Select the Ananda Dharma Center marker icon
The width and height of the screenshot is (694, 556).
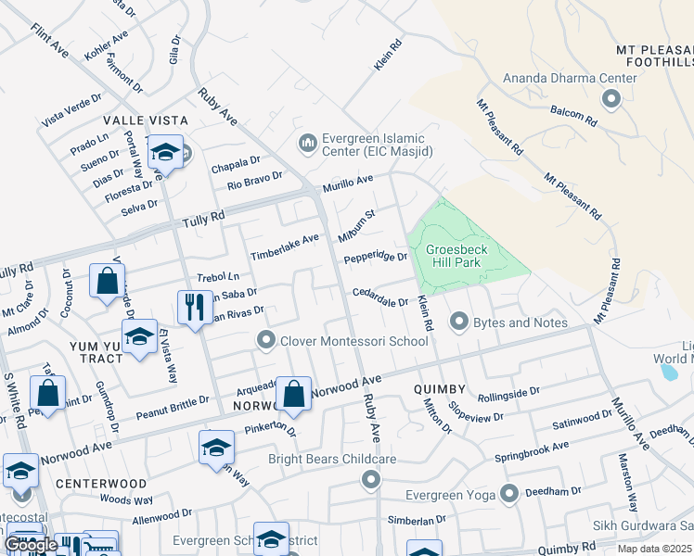pyautogui.click(x=611, y=97)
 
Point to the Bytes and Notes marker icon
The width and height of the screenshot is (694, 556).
pyautogui.click(x=458, y=322)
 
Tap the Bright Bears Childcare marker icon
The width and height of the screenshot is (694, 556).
pyautogui.click(x=371, y=479)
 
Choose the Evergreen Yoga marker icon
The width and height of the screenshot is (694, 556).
pyautogui.click(x=508, y=492)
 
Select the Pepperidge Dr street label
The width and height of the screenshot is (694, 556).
pyautogui.click(x=376, y=259)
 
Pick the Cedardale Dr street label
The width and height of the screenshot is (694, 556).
pyautogui.click(x=379, y=297)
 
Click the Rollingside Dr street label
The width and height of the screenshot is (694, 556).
pyautogui.click(x=508, y=394)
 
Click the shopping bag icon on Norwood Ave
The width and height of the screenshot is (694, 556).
pyautogui.click(x=294, y=394)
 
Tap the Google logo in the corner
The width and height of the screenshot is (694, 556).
pyautogui.click(x=31, y=545)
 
